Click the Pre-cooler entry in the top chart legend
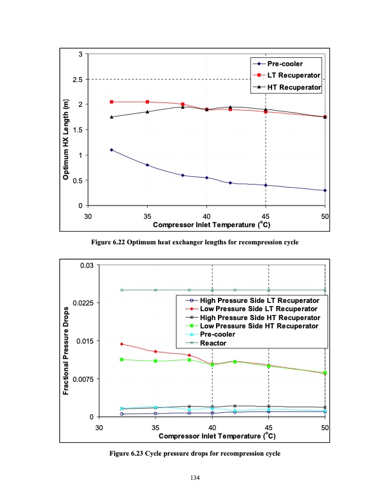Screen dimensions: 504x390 click(284, 64)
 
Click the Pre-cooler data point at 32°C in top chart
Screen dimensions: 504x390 click(112, 150)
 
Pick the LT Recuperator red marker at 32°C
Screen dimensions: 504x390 click(112, 102)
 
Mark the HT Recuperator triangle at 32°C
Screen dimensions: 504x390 click(112, 117)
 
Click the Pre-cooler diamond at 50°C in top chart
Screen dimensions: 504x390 click(325, 190)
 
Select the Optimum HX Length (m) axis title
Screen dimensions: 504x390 click(66, 130)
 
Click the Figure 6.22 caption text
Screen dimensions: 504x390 click(195, 243)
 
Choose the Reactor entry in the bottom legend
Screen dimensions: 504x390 click(213, 343)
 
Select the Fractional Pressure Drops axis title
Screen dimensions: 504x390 click(66, 341)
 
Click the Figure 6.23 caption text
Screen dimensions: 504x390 click(195, 454)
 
